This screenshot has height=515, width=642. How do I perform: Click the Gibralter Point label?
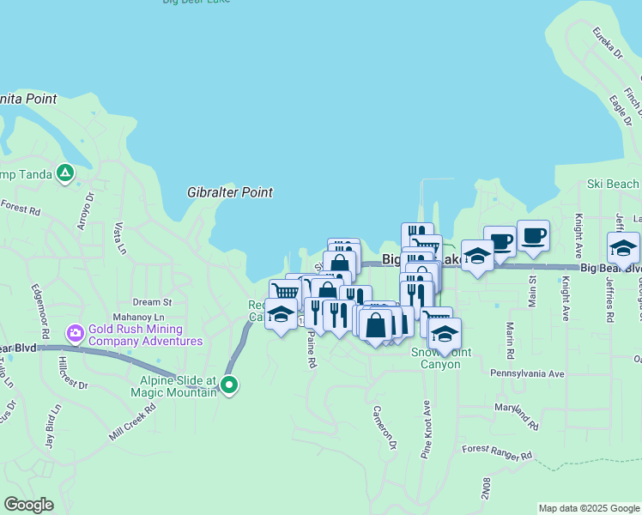230,192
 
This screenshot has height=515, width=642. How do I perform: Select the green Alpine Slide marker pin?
229,385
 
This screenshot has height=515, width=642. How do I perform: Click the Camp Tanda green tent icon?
65,173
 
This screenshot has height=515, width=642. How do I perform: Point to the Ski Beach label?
613,184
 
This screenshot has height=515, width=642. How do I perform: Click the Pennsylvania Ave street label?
527,374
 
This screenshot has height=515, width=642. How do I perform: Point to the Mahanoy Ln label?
138,317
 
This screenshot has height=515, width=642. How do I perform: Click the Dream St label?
153,302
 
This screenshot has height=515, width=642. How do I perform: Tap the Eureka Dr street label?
607,43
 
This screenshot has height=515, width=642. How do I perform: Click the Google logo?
28,505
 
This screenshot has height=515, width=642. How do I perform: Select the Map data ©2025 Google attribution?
589,508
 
